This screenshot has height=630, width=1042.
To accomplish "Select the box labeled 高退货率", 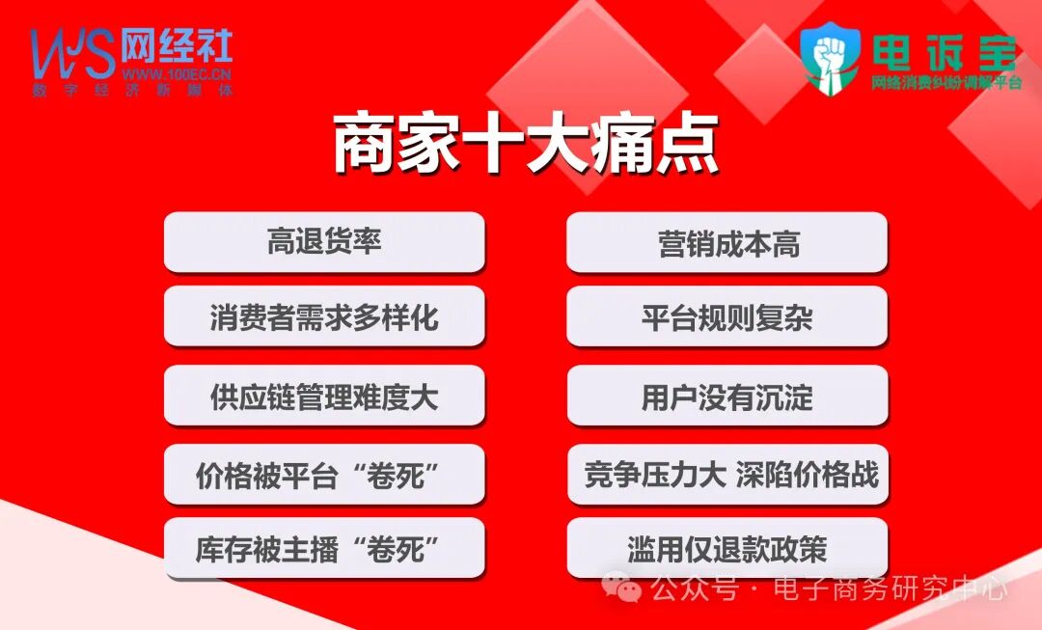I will pos(324,242).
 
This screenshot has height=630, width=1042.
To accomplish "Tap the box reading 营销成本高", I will pos(727,243).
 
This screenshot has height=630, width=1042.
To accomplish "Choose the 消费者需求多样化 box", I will pos(324,316).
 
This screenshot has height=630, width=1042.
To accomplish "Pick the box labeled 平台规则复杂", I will pos(727,316).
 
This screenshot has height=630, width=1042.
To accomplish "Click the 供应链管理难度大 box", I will pos(324,396).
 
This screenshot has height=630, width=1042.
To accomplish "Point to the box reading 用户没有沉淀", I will pos(727,396).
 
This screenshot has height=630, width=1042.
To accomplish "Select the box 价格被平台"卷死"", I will pos(324,475).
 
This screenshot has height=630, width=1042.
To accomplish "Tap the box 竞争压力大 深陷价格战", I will pos(727,475).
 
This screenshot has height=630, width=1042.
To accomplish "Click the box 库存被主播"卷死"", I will pos(324,549).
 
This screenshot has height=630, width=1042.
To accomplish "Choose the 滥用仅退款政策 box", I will pos(727,549).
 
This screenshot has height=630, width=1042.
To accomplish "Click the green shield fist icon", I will pos(832,58).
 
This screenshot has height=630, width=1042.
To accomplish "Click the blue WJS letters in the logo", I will pos(71,53).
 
